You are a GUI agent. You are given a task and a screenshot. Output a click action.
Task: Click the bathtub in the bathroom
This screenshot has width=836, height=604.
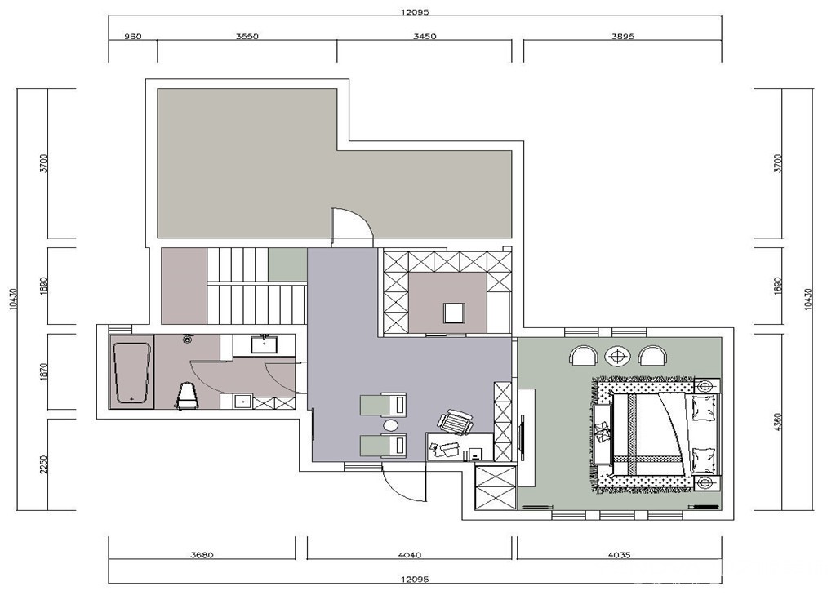[131, 373]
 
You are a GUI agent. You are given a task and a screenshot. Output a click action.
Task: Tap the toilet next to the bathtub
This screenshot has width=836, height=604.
[187, 396]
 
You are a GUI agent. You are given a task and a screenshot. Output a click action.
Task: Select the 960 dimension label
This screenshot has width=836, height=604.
[133, 37]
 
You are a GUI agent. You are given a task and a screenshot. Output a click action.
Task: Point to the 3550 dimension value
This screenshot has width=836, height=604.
[247, 37]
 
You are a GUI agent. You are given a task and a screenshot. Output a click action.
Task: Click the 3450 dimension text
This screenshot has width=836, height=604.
[425, 37]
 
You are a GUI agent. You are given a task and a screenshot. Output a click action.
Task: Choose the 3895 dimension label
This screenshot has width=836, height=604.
[623, 37]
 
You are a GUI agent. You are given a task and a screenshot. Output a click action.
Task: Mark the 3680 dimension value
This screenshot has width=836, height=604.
[202, 555]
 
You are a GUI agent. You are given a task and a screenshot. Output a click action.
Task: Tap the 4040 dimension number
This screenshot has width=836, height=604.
[410, 555]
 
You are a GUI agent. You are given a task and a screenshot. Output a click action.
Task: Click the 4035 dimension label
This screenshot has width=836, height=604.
[619, 555]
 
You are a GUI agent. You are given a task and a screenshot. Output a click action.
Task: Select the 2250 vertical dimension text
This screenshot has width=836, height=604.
[44, 464]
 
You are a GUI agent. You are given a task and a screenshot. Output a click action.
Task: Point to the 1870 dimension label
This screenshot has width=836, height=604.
[44, 371]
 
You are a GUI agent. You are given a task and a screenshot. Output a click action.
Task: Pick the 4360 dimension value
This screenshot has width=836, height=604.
[778, 421]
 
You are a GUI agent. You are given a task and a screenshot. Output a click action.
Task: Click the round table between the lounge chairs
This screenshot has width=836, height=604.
[391, 425]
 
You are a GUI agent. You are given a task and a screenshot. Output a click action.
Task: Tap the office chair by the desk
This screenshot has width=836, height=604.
[456, 422]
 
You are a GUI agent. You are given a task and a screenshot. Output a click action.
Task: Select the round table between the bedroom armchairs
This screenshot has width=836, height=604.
[618, 356]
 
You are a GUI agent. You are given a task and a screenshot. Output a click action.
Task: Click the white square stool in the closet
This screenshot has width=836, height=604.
[454, 313]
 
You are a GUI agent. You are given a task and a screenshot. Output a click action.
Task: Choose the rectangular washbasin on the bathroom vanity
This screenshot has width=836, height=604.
[264, 345]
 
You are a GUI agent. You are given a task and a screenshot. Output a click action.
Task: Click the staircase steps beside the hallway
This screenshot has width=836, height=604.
[256, 286]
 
